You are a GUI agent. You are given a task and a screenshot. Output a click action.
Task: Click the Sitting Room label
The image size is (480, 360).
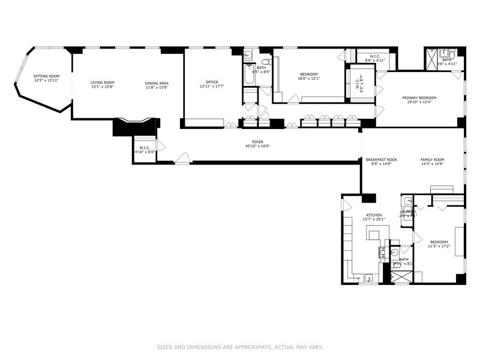tap(46, 77)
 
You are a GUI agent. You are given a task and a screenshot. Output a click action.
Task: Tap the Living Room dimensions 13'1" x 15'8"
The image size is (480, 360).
tap(102, 88)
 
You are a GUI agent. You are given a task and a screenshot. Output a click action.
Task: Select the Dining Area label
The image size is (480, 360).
tap(156, 82)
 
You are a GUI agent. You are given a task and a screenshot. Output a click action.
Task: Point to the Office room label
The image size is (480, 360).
tap(211, 82)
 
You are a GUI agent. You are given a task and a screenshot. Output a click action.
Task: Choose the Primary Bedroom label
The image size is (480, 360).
tap(419, 97)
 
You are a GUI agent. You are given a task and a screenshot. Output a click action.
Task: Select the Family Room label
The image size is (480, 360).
tap(432, 159)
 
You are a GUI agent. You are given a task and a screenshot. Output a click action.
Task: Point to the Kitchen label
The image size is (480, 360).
tap(374, 215)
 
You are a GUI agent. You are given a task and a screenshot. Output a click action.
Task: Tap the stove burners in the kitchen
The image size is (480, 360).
tap(380, 251)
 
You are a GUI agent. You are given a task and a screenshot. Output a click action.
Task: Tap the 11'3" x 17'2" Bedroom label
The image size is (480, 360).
tap(439, 242)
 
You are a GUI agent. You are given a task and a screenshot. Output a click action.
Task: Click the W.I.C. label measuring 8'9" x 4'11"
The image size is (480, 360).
tap(374, 56)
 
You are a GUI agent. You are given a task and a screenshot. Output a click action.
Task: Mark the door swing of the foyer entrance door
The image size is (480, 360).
tap(183, 158)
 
